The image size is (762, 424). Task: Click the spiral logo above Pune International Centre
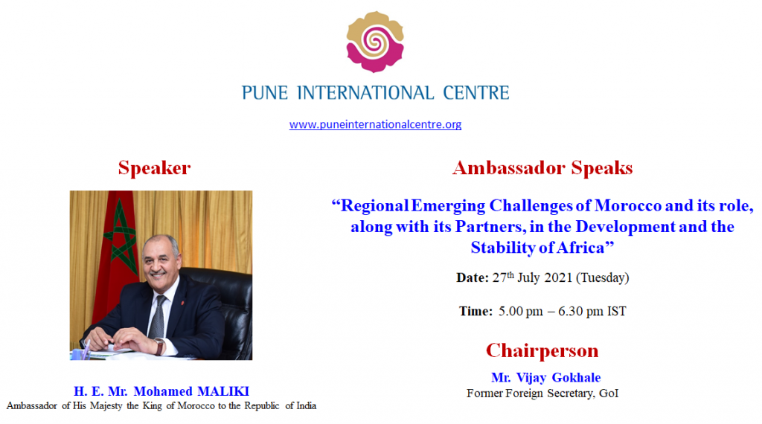[x=375, y=42]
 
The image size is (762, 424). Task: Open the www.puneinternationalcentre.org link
[x=375, y=124]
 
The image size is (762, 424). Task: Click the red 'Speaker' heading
[x=155, y=168]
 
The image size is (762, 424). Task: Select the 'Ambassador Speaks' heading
[x=542, y=168]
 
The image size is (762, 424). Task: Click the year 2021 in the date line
[x=558, y=277]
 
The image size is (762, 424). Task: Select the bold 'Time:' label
[x=476, y=312]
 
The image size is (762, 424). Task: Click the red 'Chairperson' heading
[x=542, y=350]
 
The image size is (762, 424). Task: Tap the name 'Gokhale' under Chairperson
[x=577, y=377]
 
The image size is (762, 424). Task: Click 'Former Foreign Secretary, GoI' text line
[x=542, y=393]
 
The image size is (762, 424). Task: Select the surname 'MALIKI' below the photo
[x=223, y=391]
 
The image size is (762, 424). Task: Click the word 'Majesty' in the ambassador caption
[x=106, y=406]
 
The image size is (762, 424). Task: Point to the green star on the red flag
[x=120, y=237]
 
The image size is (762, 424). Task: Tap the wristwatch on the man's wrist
[x=159, y=347]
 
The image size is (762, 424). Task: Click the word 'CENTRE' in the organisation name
[x=476, y=93]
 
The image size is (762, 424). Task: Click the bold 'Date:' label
[x=473, y=277]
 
